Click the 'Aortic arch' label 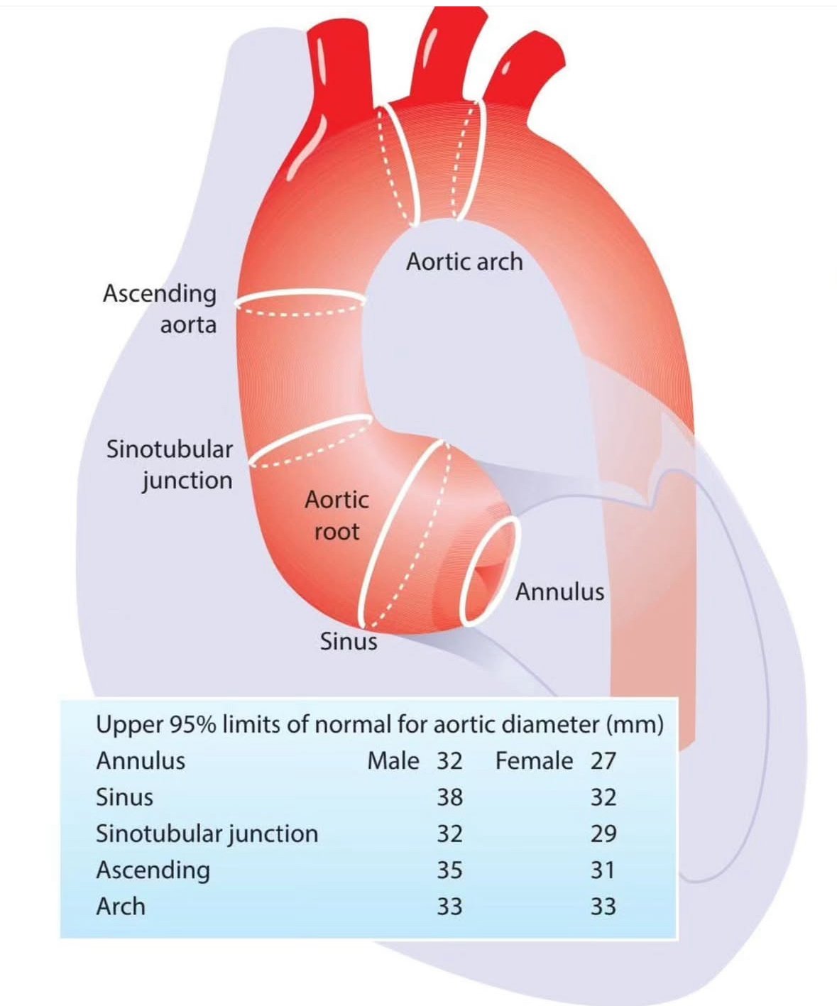click(x=464, y=261)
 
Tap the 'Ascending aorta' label click(x=160, y=309)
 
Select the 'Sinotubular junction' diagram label click(x=170, y=464)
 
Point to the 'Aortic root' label click(x=337, y=515)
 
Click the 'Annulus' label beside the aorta click(x=559, y=591)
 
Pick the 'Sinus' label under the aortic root click(x=348, y=641)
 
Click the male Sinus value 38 click(x=449, y=797)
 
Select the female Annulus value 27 click(x=603, y=761)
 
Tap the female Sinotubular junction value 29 click(x=603, y=833)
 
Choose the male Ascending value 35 click(x=449, y=870)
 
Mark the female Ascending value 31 click(x=603, y=870)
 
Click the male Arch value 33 click(x=449, y=907)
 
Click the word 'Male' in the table click(x=393, y=761)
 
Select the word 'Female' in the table click(x=534, y=761)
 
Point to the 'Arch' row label click(x=121, y=907)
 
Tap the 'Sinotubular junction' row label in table click(x=207, y=833)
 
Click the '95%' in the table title click(x=192, y=725)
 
